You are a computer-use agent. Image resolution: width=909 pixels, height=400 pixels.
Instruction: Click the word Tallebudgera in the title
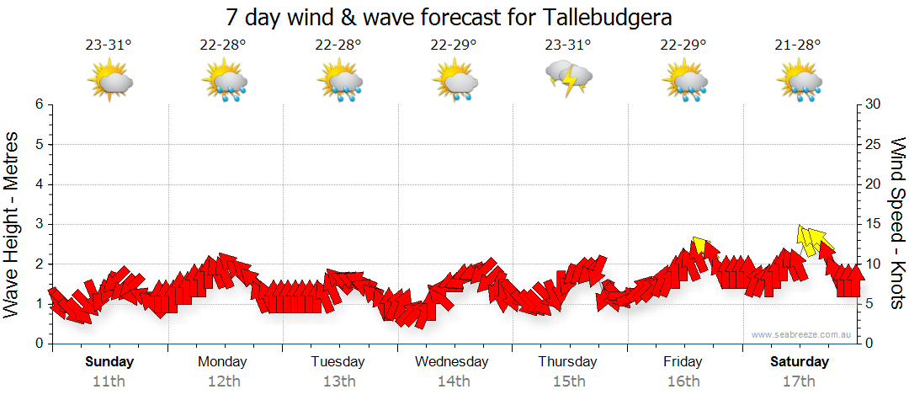pos(611,17)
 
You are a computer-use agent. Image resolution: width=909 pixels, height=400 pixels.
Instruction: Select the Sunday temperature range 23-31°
pos(109,45)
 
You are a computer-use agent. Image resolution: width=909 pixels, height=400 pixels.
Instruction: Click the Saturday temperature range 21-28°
pos(799,45)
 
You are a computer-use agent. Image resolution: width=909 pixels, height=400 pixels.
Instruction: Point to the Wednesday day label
pos(452,362)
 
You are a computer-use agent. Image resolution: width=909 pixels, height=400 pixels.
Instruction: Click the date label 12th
pos(223,381)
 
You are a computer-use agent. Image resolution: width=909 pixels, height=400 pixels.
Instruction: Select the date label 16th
pos(683,381)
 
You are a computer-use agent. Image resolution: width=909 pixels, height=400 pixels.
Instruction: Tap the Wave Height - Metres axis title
pos(13,224)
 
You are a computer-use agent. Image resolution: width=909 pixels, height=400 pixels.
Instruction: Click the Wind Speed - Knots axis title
pos(896,224)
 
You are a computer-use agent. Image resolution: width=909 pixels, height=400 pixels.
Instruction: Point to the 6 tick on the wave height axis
pos(38,104)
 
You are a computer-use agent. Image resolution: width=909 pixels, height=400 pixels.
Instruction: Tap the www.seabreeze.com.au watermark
pos(802,335)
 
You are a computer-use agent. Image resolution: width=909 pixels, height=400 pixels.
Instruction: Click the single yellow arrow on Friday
pos(699,246)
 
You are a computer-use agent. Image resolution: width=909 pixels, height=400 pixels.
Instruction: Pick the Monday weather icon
pos(224,82)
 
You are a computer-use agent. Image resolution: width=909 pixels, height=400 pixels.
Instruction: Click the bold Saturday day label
pos(800,362)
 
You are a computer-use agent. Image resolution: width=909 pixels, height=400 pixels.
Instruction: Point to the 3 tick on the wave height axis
pos(38,224)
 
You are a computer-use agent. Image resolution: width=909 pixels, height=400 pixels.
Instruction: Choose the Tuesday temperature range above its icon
pos(338,45)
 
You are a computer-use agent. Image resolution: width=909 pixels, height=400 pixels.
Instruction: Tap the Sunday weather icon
pos(109,82)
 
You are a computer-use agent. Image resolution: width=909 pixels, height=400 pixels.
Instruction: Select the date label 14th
pos(453,381)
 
